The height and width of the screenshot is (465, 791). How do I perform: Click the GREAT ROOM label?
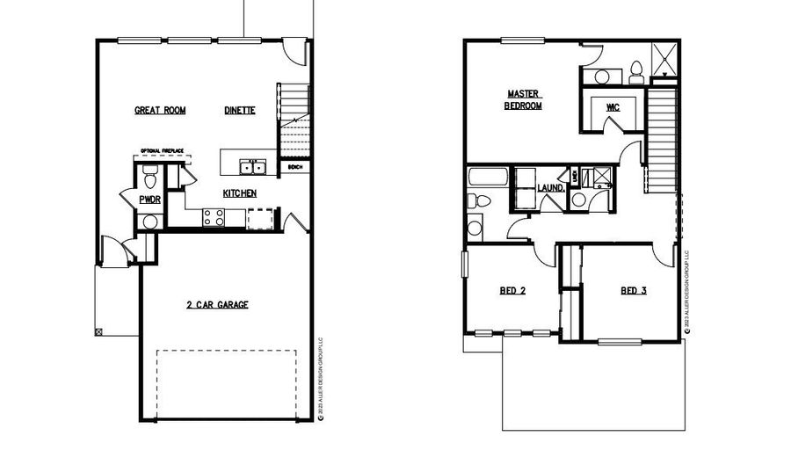click(x=159, y=111)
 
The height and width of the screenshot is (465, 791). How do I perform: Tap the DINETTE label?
click(x=239, y=111)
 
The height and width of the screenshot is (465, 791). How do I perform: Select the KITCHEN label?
click(x=238, y=193)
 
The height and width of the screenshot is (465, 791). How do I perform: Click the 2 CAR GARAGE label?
click(x=216, y=305)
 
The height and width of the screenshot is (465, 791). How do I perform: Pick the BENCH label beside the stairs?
click(x=294, y=166)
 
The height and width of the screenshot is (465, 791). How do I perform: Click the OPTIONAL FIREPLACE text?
click(x=162, y=151)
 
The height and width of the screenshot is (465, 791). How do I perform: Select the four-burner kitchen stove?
click(x=214, y=217)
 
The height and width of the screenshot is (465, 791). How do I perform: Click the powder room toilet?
click(x=149, y=179)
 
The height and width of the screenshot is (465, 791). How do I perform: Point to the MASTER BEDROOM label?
click(x=523, y=99)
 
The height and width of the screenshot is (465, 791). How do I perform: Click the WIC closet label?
click(x=613, y=107)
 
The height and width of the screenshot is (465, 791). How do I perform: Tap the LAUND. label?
click(x=550, y=187)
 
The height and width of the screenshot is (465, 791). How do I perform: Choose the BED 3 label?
click(x=633, y=290)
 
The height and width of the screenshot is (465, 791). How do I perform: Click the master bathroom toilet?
click(x=636, y=69)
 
